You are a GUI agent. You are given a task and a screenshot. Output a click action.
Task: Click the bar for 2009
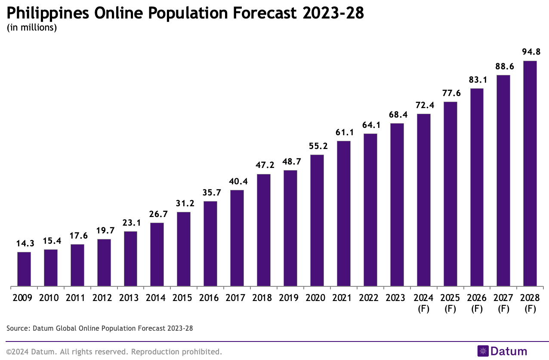click(24, 269)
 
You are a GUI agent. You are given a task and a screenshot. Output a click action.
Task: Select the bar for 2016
click(210, 243)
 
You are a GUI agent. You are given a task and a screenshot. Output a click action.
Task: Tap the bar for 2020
click(317, 220)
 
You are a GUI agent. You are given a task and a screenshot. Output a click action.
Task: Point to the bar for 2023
click(397, 205)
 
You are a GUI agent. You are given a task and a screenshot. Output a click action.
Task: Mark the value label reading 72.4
click(424, 105)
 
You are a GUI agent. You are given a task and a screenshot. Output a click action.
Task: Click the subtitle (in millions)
click(32, 28)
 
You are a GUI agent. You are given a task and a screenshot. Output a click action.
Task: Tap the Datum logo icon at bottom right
click(483, 351)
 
